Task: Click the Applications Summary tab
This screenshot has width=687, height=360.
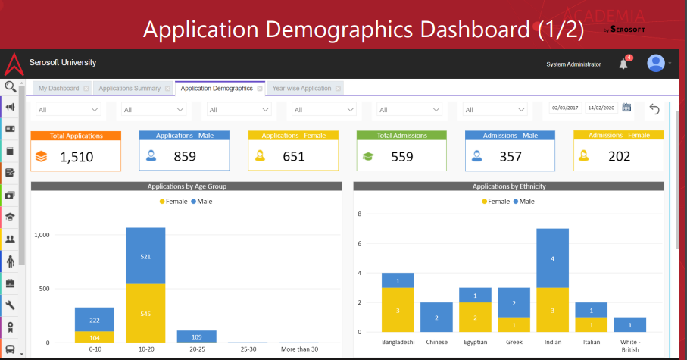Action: (x=130, y=89)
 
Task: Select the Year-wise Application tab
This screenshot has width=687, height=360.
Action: (x=301, y=89)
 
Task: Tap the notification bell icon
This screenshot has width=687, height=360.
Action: (x=623, y=64)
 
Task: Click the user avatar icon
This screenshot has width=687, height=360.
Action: (x=655, y=64)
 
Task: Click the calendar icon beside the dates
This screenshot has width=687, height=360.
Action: (x=626, y=108)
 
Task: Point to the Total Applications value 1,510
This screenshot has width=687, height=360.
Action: (x=76, y=157)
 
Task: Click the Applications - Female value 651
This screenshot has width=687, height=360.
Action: (x=293, y=157)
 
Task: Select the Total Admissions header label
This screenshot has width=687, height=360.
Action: (x=401, y=136)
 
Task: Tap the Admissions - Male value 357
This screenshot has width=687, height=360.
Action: (x=511, y=157)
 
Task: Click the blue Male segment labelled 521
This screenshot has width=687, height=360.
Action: (x=145, y=256)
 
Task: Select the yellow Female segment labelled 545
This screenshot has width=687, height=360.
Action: (x=145, y=313)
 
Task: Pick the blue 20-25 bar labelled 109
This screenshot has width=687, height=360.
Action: (x=195, y=336)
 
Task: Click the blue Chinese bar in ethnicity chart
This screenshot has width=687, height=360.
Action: (x=436, y=318)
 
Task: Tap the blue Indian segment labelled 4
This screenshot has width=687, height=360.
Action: (x=552, y=258)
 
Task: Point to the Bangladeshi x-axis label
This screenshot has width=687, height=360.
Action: (x=398, y=343)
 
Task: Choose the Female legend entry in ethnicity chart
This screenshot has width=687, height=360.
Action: (x=495, y=202)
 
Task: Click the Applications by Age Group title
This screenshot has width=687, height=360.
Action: (x=186, y=186)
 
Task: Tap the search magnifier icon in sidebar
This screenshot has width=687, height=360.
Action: (x=11, y=86)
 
